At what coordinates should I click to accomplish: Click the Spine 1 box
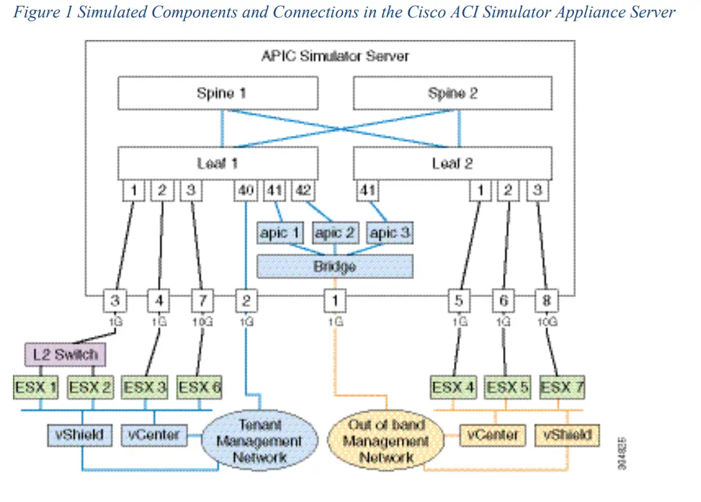point(217,93)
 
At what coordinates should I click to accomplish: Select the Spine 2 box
point(452,93)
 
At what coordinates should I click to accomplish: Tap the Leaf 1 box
point(217,163)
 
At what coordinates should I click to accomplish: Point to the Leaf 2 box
point(452,163)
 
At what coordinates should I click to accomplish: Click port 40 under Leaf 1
point(246,191)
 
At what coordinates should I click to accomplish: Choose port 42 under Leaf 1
point(302,191)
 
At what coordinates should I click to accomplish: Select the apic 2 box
point(334,233)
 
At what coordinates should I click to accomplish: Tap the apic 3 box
point(389,233)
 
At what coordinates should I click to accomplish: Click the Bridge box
point(335,265)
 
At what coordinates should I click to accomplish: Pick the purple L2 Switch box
point(64,354)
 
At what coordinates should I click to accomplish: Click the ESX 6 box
point(199,388)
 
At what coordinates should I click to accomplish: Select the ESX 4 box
point(453,388)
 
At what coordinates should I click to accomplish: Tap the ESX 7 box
point(562,388)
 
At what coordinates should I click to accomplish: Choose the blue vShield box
point(80,435)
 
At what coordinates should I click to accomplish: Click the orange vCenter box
point(493,435)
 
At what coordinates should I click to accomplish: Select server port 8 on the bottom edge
point(547,301)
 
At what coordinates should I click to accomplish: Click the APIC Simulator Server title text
point(335,56)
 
